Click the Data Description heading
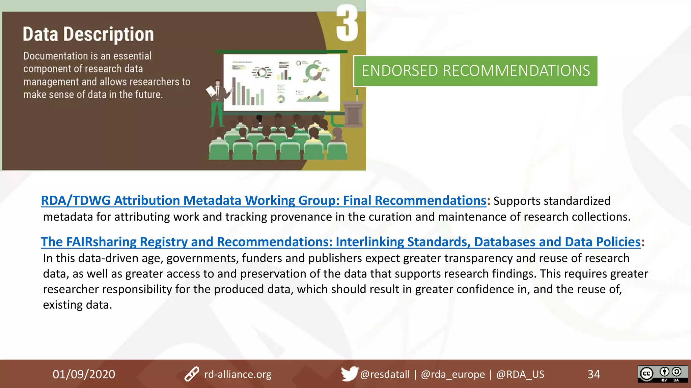click(x=88, y=34)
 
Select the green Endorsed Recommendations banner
click(x=475, y=71)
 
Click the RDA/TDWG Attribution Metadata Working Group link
click(x=263, y=200)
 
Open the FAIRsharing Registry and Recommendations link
click(x=340, y=242)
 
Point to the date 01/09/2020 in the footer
click(x=84, y=374)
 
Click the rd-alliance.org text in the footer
click(x=238, y=374)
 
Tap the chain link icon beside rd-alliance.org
click(x=192, y=374)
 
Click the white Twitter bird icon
click(x=349, y=374)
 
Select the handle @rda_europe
click(x=453, y=374)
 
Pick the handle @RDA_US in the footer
click(x=520, y=374)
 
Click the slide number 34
click(x=594, y=374)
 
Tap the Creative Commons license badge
click(x=663, y=374)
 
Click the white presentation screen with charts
click(x=282, y=83)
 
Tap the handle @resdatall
click(x=385, y=374)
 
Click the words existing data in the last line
click(x=77, y=305)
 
